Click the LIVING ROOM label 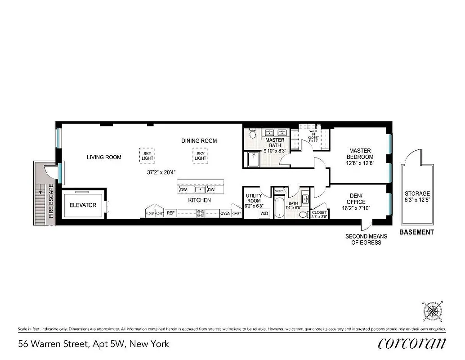coord(104,157)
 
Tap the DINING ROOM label coord(199,141)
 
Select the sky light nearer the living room coord(147,155)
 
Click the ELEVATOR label coord(83,205)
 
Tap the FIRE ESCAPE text coord(51,201)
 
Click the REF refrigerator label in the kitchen coord(170,213)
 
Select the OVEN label coord(225,213)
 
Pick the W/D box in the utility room coord(264,214)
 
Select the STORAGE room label coord(417,197)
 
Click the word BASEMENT coord(416,232)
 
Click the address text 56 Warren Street coord(94,344)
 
